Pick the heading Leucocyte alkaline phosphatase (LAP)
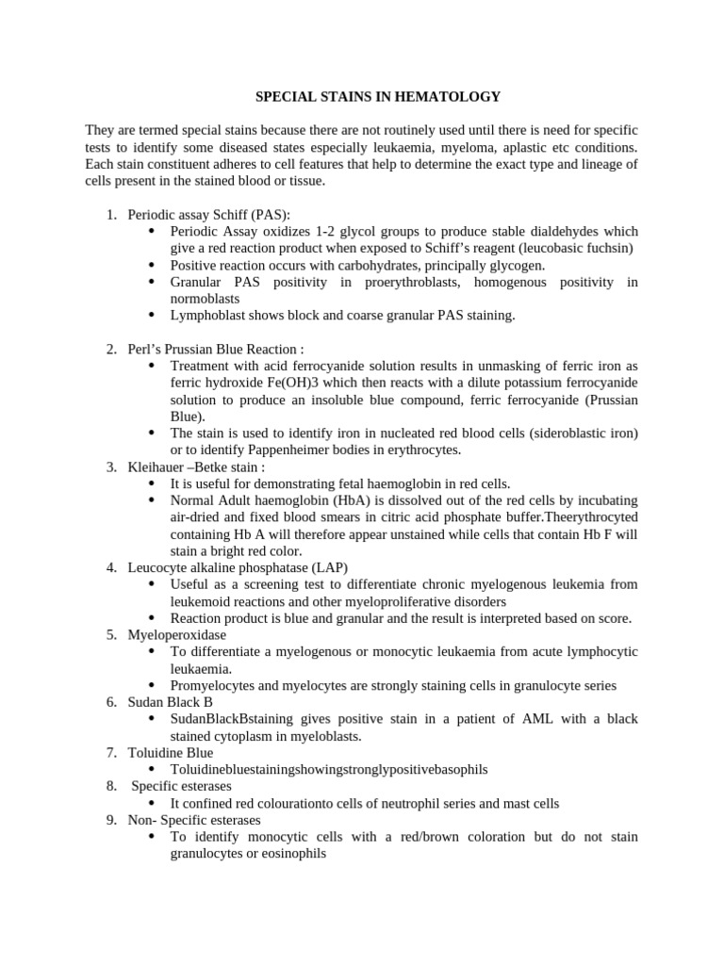tap(238, 567)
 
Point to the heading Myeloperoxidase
tap(177, 634)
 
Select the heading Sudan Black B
tap(171, 702)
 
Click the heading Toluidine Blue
tap(171, 753)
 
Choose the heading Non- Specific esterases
tap(194, 820)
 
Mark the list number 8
tap(110, 786)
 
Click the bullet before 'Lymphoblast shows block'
tap(153, 315)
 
